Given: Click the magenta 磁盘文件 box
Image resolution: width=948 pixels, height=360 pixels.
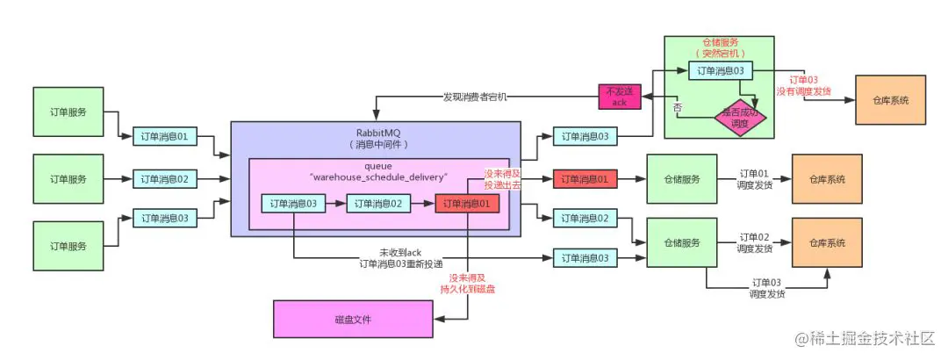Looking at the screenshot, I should (x=353, y=319).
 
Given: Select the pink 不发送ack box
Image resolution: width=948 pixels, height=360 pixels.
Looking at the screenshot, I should (x=619, y=97).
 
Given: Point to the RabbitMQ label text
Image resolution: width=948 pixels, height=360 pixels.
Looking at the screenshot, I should (x=378, y=133).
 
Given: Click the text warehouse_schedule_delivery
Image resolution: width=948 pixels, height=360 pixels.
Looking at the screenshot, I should (x=379, y=176).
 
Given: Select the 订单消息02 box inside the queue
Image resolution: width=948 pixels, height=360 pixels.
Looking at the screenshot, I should (x=378, y=204).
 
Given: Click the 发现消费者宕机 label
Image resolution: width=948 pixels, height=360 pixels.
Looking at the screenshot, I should (x=475, y=96).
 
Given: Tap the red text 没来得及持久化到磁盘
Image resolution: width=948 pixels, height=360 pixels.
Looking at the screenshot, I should (x=467, y=283).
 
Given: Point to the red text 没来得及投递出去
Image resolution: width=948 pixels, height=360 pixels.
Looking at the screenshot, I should (x=503, y=180).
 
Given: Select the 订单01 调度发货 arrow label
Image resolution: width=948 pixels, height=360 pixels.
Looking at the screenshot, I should (x=754, y=179).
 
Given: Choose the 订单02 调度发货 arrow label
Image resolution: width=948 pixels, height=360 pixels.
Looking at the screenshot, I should (x=754, y=242).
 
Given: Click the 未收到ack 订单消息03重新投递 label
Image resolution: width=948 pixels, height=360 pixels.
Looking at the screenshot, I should (x=400, y=257).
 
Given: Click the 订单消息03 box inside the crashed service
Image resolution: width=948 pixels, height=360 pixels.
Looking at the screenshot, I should (x=720, y=70).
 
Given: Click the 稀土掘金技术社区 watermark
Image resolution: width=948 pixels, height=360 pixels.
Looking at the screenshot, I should (x=865, y=338).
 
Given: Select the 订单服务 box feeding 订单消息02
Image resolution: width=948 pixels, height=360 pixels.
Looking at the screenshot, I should (x=68, y=179).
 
